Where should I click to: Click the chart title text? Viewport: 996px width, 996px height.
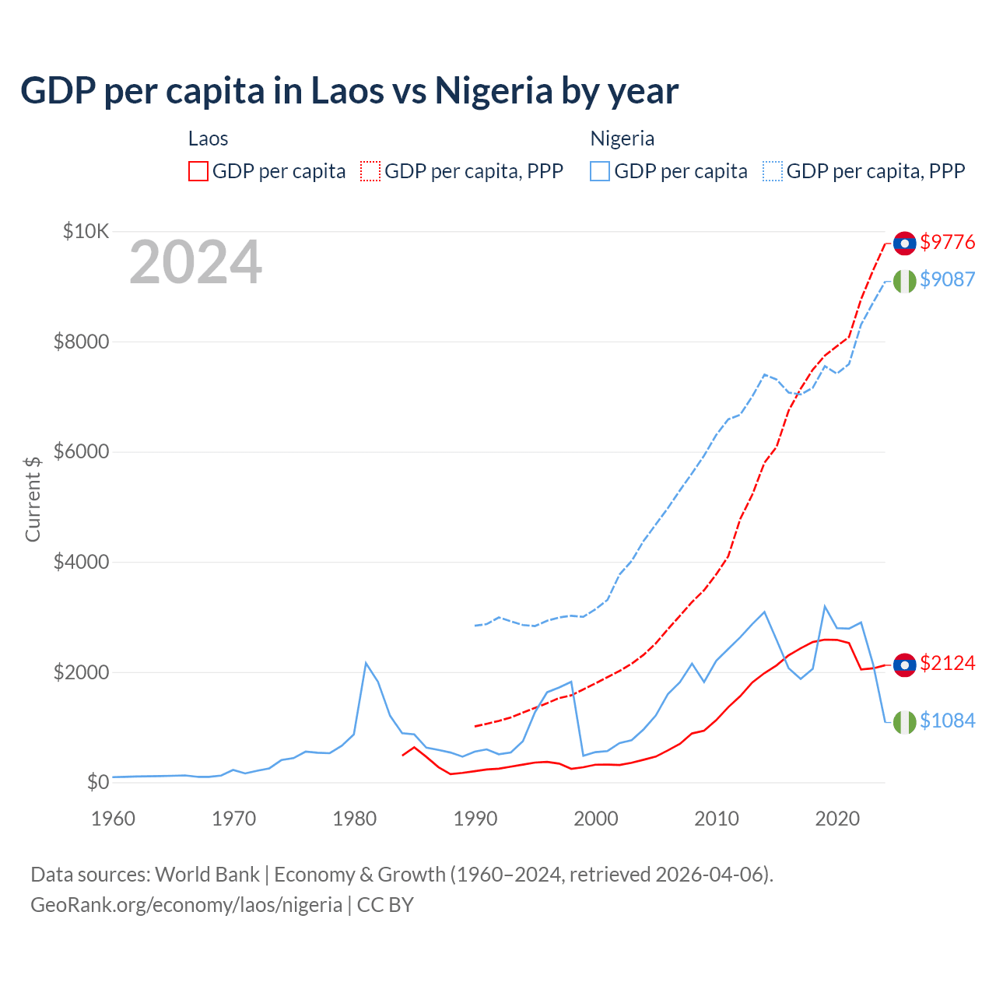349,91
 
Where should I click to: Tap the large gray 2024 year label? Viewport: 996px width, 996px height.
195,263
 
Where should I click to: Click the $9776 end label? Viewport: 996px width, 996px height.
947,242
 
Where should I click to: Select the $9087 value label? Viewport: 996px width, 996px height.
947,279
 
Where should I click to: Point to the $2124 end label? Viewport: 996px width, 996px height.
947,663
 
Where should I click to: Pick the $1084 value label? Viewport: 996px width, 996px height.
947,721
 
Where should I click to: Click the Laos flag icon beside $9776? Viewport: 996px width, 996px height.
904,243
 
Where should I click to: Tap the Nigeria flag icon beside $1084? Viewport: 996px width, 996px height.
904,722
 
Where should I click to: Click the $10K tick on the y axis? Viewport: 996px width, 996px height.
86,231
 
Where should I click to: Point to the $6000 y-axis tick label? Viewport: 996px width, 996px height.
81,452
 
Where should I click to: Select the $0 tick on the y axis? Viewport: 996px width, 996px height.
97,782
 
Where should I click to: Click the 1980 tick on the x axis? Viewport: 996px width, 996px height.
355,819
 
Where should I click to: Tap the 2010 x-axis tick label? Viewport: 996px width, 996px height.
717,819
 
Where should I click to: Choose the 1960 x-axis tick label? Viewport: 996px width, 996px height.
114,819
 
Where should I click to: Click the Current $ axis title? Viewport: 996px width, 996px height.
33,499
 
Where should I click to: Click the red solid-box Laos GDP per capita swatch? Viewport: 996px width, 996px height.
198,171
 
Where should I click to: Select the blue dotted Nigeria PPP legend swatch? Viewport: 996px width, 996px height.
773,171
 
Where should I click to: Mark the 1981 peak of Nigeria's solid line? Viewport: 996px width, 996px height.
366,663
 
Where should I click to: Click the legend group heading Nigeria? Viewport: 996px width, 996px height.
622,139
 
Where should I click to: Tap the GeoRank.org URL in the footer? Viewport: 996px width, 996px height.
186,905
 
